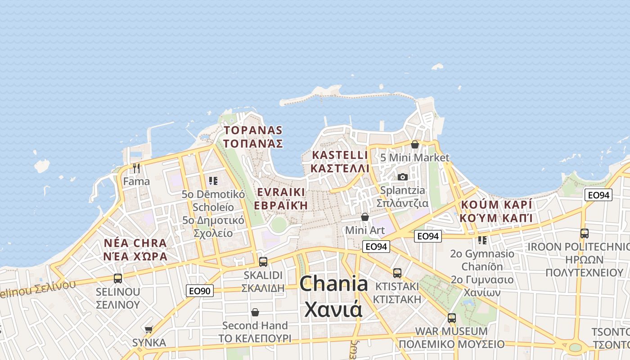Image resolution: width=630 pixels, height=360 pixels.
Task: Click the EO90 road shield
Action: (x=199, y=291)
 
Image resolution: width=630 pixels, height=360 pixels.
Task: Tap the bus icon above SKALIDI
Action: (x=263, y=261)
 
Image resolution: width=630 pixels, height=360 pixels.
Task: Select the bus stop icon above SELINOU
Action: (x=118, y=278)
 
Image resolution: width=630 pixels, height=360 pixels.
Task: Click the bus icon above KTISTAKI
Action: (x=397, y=273)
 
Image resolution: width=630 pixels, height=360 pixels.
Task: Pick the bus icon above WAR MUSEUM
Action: (x=451, y=318)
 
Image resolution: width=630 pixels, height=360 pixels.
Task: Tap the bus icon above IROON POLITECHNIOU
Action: (x=584, y=233)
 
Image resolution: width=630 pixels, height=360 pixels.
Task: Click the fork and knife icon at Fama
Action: (x=136, y=168)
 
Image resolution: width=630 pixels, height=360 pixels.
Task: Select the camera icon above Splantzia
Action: (x=403, y=177)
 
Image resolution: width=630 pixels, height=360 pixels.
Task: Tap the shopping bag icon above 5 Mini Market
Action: (x=414, y=144)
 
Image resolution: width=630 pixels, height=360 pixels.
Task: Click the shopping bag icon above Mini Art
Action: (x=365, y=217)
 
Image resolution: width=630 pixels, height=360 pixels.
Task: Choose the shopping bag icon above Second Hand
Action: (x=255, y=312)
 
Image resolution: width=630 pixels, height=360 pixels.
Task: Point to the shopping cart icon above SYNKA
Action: (x=149, y=329)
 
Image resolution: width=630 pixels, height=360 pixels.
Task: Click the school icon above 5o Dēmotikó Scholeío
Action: (x=213, y=181)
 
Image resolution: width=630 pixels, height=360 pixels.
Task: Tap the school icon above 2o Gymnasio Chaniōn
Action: (x=482, y=240)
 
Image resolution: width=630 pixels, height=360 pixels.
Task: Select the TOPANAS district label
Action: (x=253, y=130)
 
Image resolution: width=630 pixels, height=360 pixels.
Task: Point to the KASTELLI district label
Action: (x=340, y=155)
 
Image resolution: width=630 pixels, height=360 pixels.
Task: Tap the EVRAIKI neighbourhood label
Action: (x=281, y=192)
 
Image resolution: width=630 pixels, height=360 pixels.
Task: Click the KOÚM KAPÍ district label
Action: (x=496, y=205)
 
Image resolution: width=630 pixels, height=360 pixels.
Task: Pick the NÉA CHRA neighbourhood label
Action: (x=135, y=243)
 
